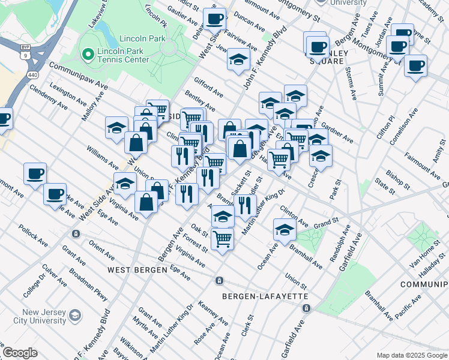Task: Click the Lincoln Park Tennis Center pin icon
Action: (88, 55)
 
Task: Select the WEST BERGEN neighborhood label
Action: (137, 270)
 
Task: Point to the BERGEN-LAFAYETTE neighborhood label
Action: (265, 296)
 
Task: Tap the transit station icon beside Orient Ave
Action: (75, 233)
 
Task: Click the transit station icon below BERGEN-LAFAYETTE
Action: (306, 308)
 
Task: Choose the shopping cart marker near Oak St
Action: (222, 239)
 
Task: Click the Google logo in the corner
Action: (20, 353)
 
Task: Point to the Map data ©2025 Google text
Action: (411, 355)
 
